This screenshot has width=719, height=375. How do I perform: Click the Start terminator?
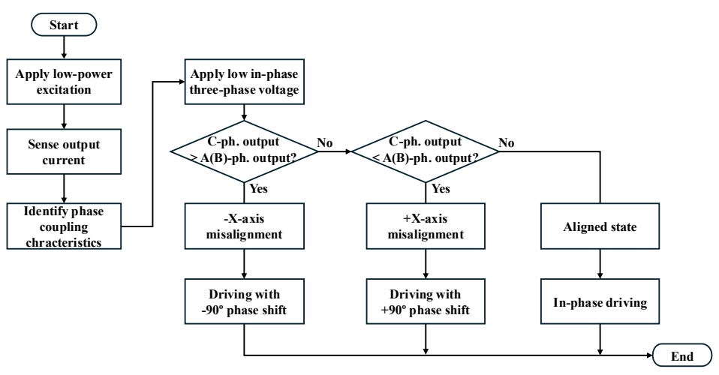[64, 25]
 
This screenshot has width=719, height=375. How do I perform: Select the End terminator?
[682, 355]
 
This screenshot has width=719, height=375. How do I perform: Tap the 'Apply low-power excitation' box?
[64, 82]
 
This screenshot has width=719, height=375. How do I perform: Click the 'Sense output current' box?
[64, 151]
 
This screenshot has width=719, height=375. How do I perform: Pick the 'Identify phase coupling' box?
[64, 226]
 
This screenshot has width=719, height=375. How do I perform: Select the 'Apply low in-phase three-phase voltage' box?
[245, 82]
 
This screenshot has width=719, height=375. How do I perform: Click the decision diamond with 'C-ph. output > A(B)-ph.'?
[245, 151]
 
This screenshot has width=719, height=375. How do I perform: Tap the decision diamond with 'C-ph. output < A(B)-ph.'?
[426, 151]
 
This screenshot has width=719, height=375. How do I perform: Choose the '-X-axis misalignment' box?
[245, 226]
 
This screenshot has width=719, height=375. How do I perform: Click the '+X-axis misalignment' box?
[426, 226]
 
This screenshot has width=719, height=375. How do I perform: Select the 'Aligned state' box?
[600, 226]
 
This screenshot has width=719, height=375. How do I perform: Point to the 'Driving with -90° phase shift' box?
[245, 301]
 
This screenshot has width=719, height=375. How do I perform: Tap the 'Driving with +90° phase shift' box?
[426, 301]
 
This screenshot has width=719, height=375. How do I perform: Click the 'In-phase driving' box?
[600, 301]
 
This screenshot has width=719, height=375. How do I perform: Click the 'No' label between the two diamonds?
[325, 142]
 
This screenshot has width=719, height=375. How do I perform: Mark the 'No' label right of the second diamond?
[507, 142]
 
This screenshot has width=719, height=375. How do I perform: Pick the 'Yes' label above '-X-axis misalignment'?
[259, 188]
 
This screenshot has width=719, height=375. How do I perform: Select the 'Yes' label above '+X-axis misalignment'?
[441, 188]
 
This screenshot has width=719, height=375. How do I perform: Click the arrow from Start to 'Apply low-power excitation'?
[64, 47]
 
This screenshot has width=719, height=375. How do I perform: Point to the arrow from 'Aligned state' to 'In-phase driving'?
[600, 264]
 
